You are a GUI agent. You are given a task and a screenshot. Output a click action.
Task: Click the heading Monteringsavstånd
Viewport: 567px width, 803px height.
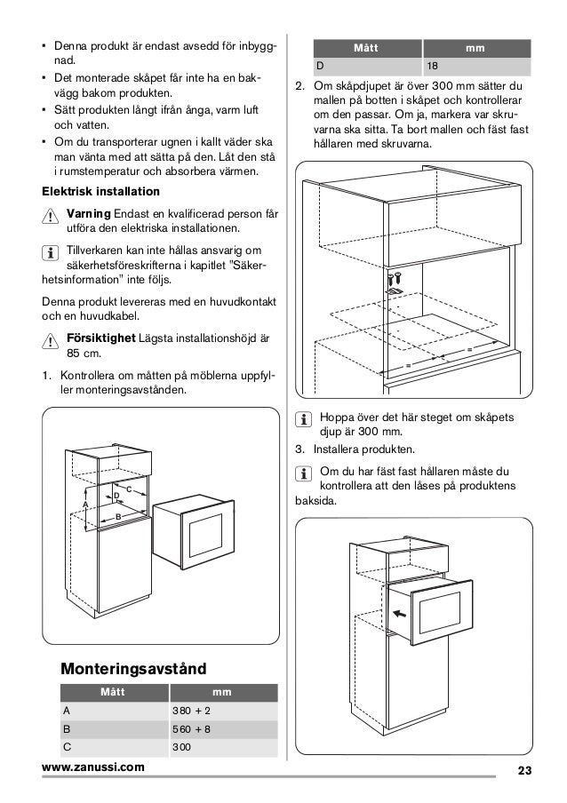pyautogui.click(x=132, y=667)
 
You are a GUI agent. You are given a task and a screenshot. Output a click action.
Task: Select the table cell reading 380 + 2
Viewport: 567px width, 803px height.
pyautogui.click(x=191, y=711)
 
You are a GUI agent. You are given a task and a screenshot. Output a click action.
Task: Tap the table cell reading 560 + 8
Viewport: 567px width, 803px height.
pyautogui.click(x=191, y=729)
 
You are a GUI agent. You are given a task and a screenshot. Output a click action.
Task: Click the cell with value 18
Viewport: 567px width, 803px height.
pyautogui.click(x=431, y=66)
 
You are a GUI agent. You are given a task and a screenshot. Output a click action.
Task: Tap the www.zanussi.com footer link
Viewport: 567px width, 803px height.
pyautogui.click(x=98, y=767)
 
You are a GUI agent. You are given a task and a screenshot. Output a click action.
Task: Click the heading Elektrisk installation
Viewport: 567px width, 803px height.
pyautogui.click(x=101, y=192)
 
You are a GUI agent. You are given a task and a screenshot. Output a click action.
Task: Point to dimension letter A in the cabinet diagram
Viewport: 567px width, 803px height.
pyautogui.click(x=85, y=505)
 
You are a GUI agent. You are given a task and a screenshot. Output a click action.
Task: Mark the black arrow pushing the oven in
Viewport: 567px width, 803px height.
pyautogui.click(x=400, y=612)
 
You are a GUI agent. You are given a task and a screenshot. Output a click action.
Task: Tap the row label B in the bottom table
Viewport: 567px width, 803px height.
pyautogui.click(x=65, y=729)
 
